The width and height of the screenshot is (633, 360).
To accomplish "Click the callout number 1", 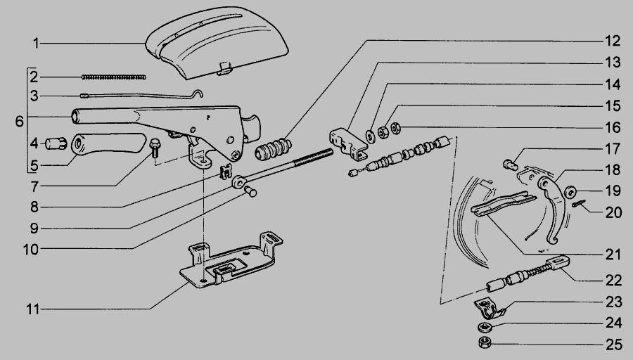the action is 37,43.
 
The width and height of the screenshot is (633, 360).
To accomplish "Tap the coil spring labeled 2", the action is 114,77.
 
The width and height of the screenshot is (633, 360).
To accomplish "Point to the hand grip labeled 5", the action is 108,144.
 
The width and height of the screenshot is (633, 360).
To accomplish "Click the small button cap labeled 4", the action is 56,143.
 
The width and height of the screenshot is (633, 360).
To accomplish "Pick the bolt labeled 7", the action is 155,148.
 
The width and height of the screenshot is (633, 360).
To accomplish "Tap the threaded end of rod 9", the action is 313,157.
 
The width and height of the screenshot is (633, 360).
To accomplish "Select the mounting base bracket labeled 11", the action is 231,260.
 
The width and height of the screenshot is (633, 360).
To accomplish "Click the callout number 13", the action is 613,63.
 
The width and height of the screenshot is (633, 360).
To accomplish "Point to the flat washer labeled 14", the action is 370,136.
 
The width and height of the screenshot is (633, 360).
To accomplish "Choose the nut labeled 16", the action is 395,129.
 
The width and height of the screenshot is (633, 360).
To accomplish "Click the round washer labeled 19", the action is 570,192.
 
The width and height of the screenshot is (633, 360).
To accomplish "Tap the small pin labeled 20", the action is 579,204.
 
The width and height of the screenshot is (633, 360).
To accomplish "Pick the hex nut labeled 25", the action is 485,342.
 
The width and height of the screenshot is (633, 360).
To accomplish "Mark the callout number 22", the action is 613,280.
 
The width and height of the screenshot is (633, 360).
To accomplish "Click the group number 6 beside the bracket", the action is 20,121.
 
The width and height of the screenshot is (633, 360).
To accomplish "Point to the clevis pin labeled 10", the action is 250,192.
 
